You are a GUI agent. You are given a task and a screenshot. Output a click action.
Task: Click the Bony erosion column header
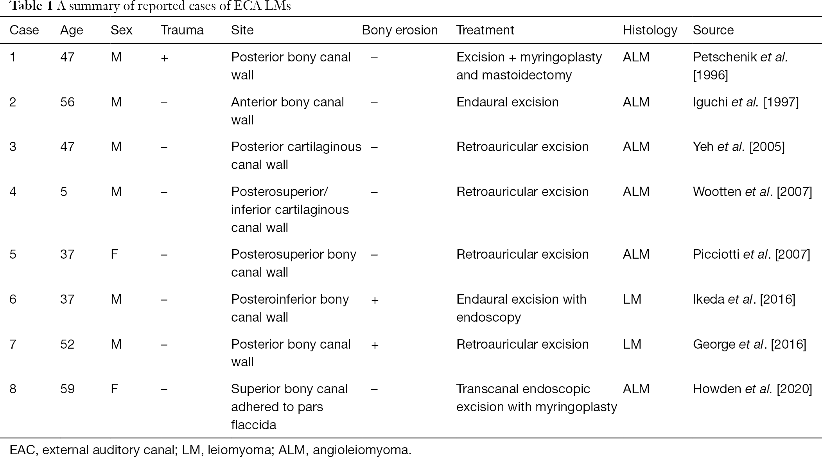pos(400,30)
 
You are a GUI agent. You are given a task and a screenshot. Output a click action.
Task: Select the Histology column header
pos(650,30)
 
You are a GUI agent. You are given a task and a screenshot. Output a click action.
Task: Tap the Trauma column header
pos(182,30)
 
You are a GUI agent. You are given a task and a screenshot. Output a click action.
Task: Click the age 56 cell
pos(67,102)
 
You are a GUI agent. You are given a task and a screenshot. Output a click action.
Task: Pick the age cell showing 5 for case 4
pos(64,192)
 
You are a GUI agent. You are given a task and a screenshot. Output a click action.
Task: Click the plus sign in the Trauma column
pos(165,58)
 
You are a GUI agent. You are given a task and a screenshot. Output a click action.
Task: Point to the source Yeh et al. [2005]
pos(739,147)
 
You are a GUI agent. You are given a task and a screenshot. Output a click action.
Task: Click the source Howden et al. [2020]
pos(752,389)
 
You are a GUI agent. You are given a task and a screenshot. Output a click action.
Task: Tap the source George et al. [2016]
pos(750,344)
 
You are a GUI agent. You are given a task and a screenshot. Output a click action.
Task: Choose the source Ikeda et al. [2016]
pos(744,299)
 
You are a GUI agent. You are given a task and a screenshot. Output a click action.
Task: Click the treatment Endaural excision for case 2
pos(508,102)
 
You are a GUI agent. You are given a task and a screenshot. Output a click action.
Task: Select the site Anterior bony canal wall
pos(287,111)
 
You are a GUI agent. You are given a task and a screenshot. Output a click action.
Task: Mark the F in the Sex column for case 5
pos(115,254)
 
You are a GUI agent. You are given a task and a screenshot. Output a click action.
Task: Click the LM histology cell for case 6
pos(632,299)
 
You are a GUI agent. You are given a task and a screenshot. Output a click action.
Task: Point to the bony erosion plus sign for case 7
pos(375,345)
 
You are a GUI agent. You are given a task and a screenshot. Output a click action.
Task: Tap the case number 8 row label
pos(13,389)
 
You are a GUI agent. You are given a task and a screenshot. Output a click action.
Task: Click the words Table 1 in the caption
pos(31,7)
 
